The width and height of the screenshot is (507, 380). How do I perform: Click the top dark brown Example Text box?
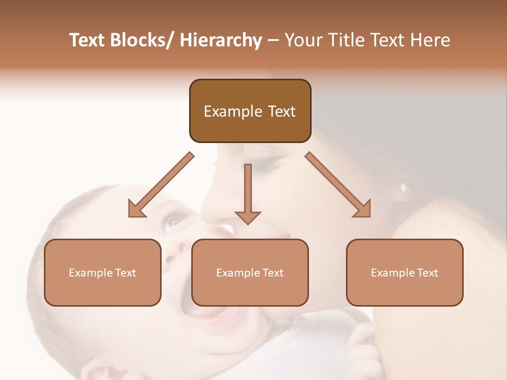(x=250, y=111)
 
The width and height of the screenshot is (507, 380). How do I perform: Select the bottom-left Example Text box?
(x=102, y=272)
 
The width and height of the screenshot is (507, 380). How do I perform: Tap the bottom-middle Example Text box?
(x=250, y=272)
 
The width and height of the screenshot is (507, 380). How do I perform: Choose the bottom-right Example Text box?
(x=405, y=272)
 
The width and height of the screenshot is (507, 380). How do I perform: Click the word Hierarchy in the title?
(x=221, y=40)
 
